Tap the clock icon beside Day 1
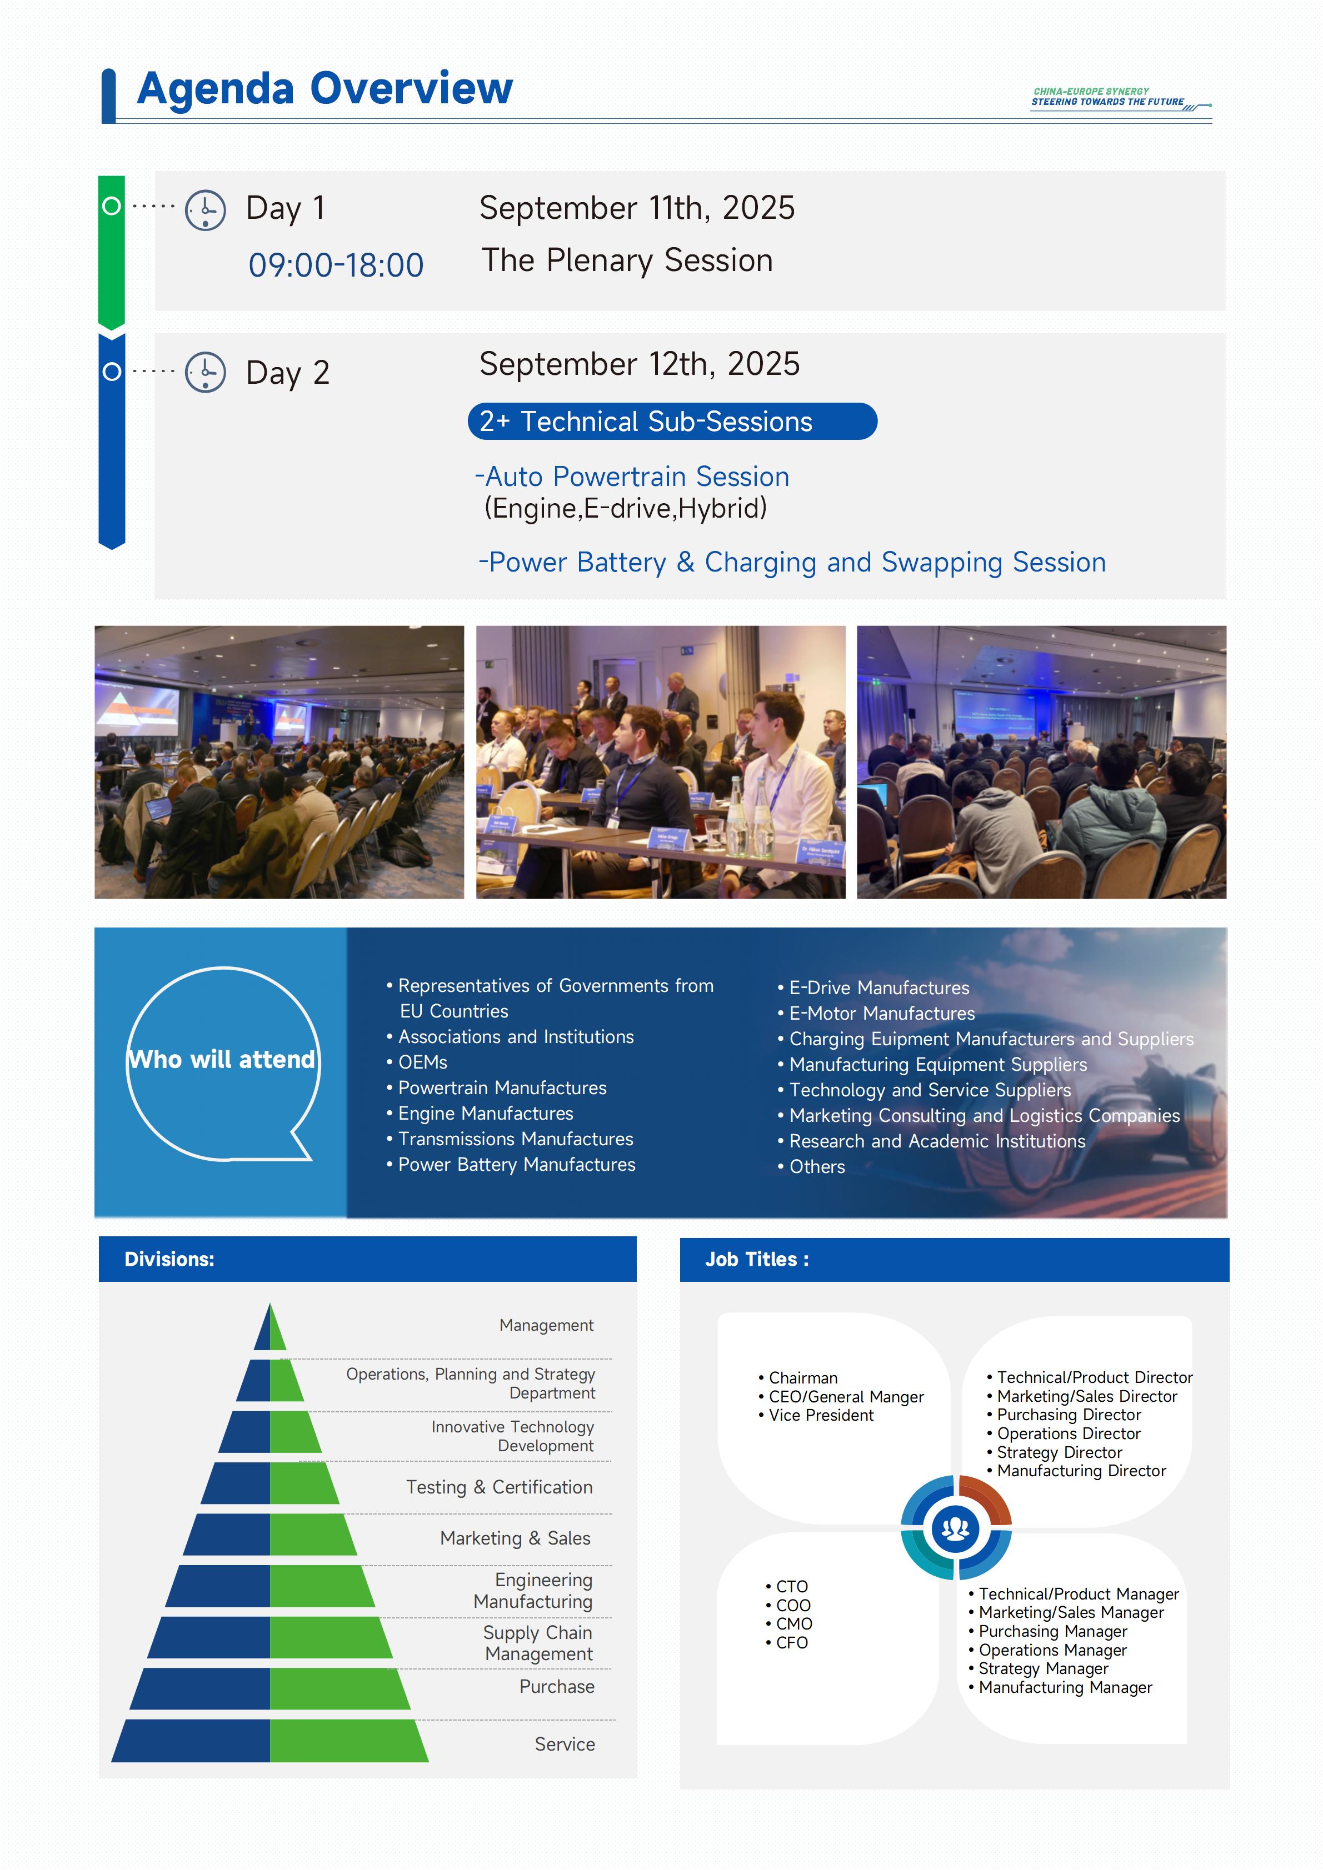tap(205, 210)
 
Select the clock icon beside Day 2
tap(205, 372)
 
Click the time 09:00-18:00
tap(336, 265)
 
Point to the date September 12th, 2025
tap(640, 364)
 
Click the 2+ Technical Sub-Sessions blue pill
tap(672, 421)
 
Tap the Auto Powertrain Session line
tap(632, 477)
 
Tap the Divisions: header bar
tap(367, 1259)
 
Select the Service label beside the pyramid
tap(565, 1744)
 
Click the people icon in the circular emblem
tap(956, 1528)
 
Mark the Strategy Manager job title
tap(1039, 1669)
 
